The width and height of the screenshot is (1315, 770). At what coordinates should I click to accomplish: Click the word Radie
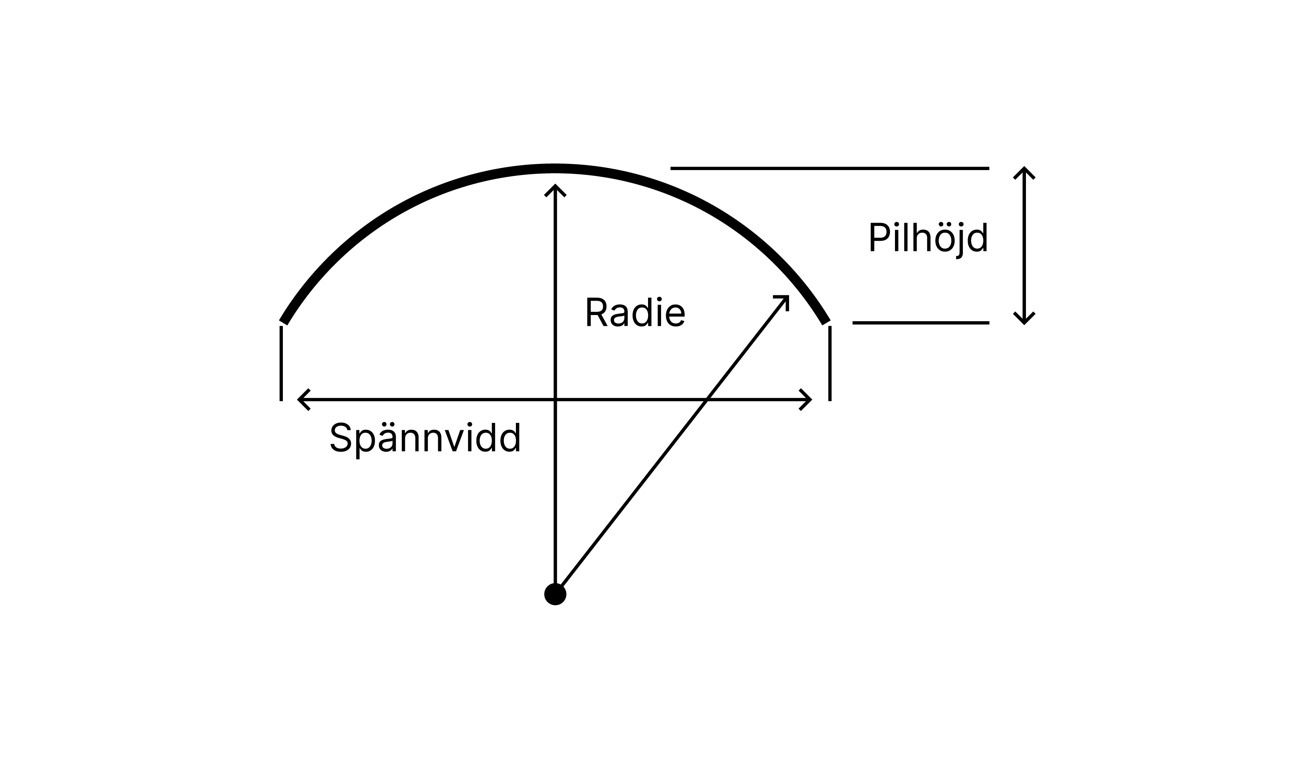click(635, 313)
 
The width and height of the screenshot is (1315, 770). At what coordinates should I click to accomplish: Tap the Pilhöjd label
click(928, 238)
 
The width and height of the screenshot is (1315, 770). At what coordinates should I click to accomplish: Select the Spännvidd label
click(425, 438)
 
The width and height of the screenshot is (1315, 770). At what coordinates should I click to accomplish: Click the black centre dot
click(555, 594)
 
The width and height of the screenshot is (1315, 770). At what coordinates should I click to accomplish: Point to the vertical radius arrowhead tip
click(555, 186)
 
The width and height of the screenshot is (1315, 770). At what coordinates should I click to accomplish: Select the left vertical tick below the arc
click(281, 363)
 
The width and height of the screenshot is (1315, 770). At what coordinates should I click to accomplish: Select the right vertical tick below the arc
click(830, 363)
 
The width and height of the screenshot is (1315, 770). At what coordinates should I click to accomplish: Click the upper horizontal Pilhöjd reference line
click(830, 168)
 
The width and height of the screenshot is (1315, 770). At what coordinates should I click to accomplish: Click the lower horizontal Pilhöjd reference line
click(920, 323)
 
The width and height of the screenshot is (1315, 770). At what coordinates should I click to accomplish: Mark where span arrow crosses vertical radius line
click(555, 400)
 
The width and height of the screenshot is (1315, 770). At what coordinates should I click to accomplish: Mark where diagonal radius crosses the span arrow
click(706, 400)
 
